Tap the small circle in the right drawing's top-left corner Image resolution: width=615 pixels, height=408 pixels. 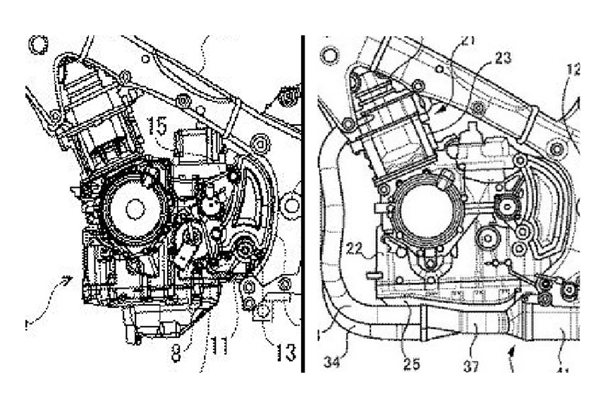point(329,54)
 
